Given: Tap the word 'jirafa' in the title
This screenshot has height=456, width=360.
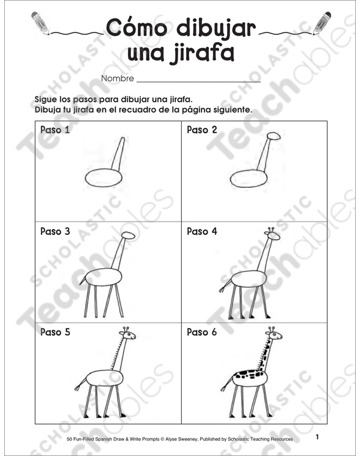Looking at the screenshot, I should click(x=202, y=53).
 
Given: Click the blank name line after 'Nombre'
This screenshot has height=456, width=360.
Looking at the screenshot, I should click(x=199, y=79).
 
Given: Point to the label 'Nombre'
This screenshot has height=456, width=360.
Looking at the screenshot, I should click(x=117, y=79).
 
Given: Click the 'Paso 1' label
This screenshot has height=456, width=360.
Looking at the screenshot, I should click(x=55, y=130).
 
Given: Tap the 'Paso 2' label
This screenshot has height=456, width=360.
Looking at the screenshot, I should click(x=202, y=130).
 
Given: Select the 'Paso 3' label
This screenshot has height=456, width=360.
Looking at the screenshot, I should click(x=55, y=232).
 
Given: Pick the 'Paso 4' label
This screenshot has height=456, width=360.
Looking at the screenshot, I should click(x=202, y=232).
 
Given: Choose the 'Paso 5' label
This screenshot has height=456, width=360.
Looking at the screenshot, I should click(x=55, y=333).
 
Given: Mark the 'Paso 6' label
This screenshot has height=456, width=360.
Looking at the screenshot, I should click(x=202, y=333).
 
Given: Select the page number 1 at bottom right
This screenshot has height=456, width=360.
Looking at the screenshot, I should click(x=318, y=437).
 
